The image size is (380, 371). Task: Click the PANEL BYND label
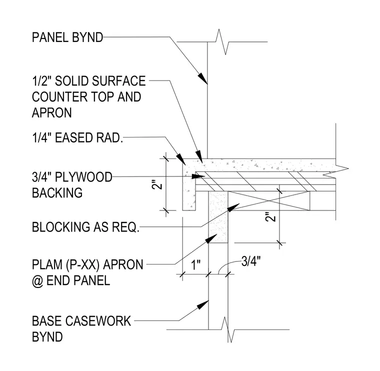pyautogui.click(x=67, y=37)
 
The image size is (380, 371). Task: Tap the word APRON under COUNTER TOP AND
pyautogui.click(x=52, y=112)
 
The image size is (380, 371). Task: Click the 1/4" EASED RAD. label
pyautogui.click(x=77, y=137)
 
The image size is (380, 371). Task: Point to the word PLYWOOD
pyautogui.click(x=83, y=177)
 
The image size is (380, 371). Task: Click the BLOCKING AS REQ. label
pyautogui.click(x=85, y=227)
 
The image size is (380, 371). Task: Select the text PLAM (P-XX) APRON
pyautogui.click(x=87, y=264)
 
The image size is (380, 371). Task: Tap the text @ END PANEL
pyautogui.click(x=71, y=280)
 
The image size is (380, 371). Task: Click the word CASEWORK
pyautogui.click(x=98, y=321)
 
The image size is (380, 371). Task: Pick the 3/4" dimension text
pyautogui.click(x=251, y=261)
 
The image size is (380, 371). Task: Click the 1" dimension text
pyautogui.click(x=196, y=265)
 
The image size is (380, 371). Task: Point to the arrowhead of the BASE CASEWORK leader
pyautogui.click(x=203, y=304)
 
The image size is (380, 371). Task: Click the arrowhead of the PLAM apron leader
pyautogui.click(x=211, y=238)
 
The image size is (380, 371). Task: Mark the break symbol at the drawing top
pyautogui.click(x=222, y=41)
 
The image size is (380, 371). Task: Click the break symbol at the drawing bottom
pyautogui.click(x=227, y=329)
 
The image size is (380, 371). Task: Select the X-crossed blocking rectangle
pyautogui.click(x=268, y=200)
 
